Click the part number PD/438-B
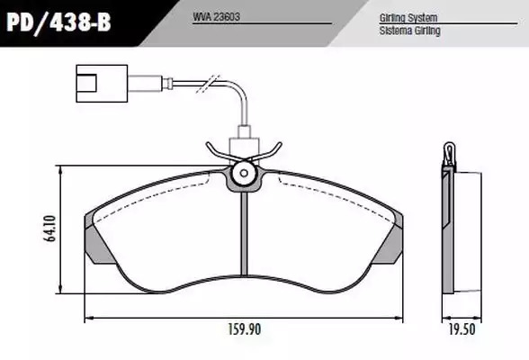(x=58, y=22)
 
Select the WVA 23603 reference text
(x=216, y=17)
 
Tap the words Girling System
(x=408, y=18)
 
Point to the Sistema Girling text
(x=409, y=31)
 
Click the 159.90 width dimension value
(x=245, y=329)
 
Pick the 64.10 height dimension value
(x=50, y=229)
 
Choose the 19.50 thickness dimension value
(x=462, y=329)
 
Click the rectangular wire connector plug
(x=102, y=84)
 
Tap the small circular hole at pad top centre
(x=244, y=174)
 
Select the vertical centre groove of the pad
(x=245, y=233)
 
